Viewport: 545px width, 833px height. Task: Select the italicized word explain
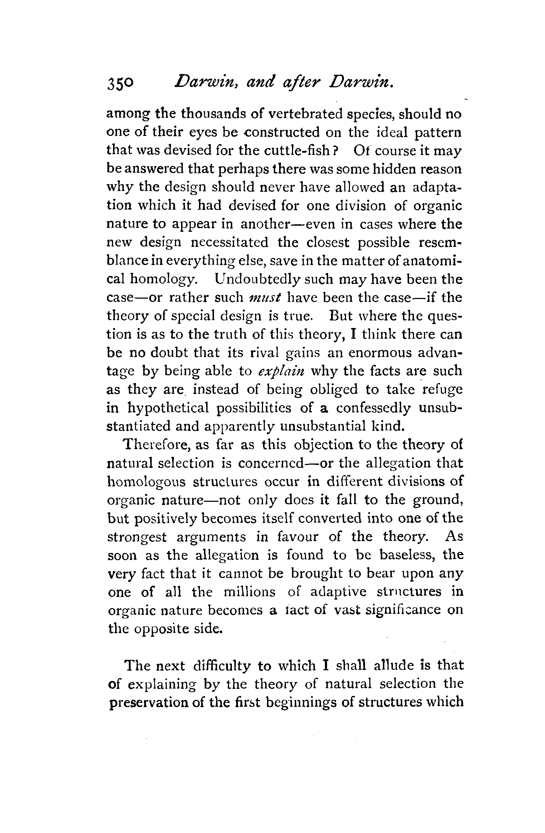pos(281,372)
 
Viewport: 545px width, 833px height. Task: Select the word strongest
pos(137,538)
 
